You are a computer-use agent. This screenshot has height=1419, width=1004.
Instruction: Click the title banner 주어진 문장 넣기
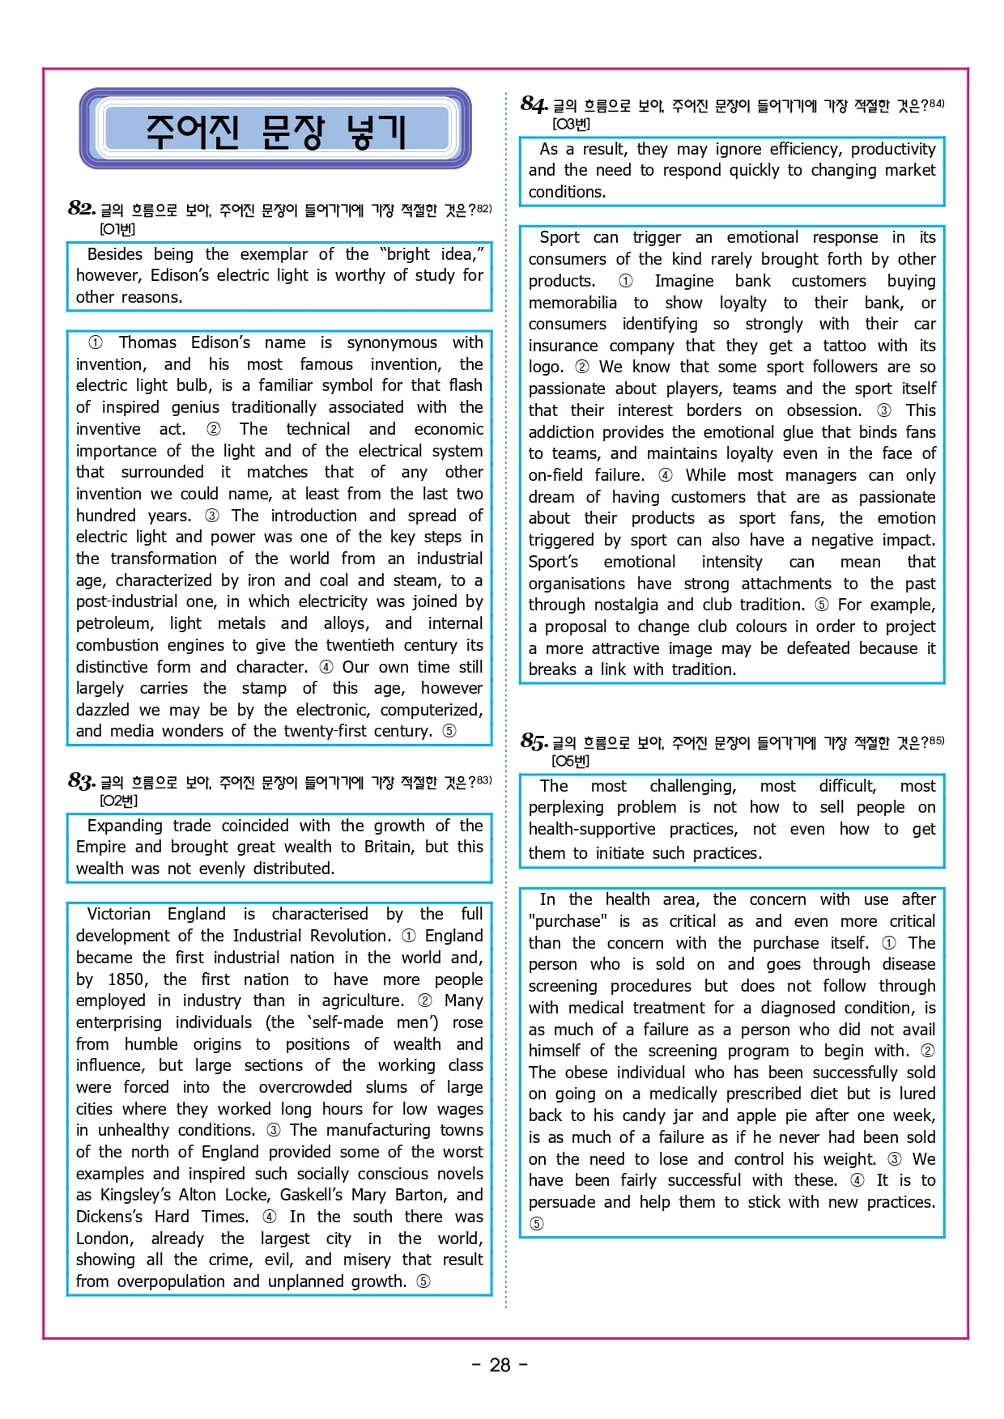275,130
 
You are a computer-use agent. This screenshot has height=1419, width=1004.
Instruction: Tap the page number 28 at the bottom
500,1365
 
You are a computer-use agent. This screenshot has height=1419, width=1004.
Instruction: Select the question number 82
82,209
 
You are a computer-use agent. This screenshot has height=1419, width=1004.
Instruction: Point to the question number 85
534,741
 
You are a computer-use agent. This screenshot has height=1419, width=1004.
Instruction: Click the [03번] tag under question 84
571,124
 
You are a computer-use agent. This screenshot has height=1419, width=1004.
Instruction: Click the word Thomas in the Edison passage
147,342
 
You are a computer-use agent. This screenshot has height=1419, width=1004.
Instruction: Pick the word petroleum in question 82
114,623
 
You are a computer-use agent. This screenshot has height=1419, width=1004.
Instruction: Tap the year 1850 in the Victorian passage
127,979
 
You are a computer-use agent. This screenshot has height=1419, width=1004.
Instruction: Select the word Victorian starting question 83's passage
118,914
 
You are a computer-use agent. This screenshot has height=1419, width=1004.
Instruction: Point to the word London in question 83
104,1238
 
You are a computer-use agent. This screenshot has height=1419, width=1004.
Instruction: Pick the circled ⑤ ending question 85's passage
536,1224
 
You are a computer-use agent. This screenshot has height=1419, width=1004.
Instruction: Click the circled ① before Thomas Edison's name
95,342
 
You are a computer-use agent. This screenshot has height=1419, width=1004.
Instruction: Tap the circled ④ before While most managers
665,475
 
